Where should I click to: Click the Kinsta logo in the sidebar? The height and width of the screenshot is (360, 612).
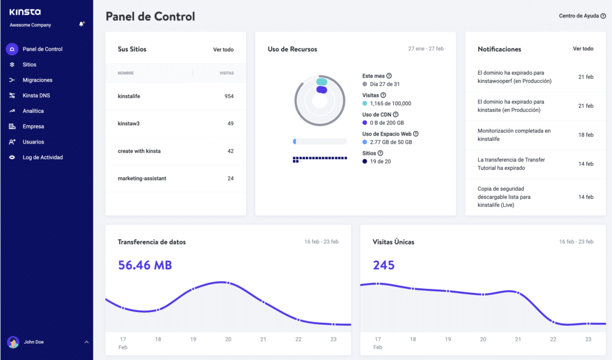[25, 11]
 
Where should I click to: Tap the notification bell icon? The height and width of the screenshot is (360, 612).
[81, 25]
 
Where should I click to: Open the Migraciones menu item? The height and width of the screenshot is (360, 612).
[37, 80]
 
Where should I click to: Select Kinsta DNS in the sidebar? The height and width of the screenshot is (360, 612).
[36, 96]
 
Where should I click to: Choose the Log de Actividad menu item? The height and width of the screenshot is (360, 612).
[42, 157]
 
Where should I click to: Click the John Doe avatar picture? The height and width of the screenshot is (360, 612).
[13, 342]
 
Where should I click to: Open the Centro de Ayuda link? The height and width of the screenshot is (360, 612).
[578, 16]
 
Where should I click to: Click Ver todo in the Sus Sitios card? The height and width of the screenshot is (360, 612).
[223, 50]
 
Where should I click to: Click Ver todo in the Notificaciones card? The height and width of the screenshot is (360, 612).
[583, 49]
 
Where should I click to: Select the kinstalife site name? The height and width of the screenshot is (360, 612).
[129, 96]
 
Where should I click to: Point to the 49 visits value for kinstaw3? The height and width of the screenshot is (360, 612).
[230, 124]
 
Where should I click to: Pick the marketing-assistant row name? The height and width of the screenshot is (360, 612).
[142, 179]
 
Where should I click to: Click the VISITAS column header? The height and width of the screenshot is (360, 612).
[227, 74]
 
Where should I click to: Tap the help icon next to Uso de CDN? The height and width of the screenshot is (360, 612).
[396, 114]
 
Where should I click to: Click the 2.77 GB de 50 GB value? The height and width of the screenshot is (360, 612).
[391, 142]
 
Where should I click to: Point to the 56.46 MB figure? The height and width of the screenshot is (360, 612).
[145, 265]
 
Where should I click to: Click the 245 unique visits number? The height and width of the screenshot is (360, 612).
[384, 265]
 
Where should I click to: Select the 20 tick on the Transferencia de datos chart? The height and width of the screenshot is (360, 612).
[228, 339]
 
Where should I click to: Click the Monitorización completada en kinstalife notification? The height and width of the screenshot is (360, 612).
[514, 135]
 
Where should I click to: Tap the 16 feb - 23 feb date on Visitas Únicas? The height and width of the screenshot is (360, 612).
[576, 242]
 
